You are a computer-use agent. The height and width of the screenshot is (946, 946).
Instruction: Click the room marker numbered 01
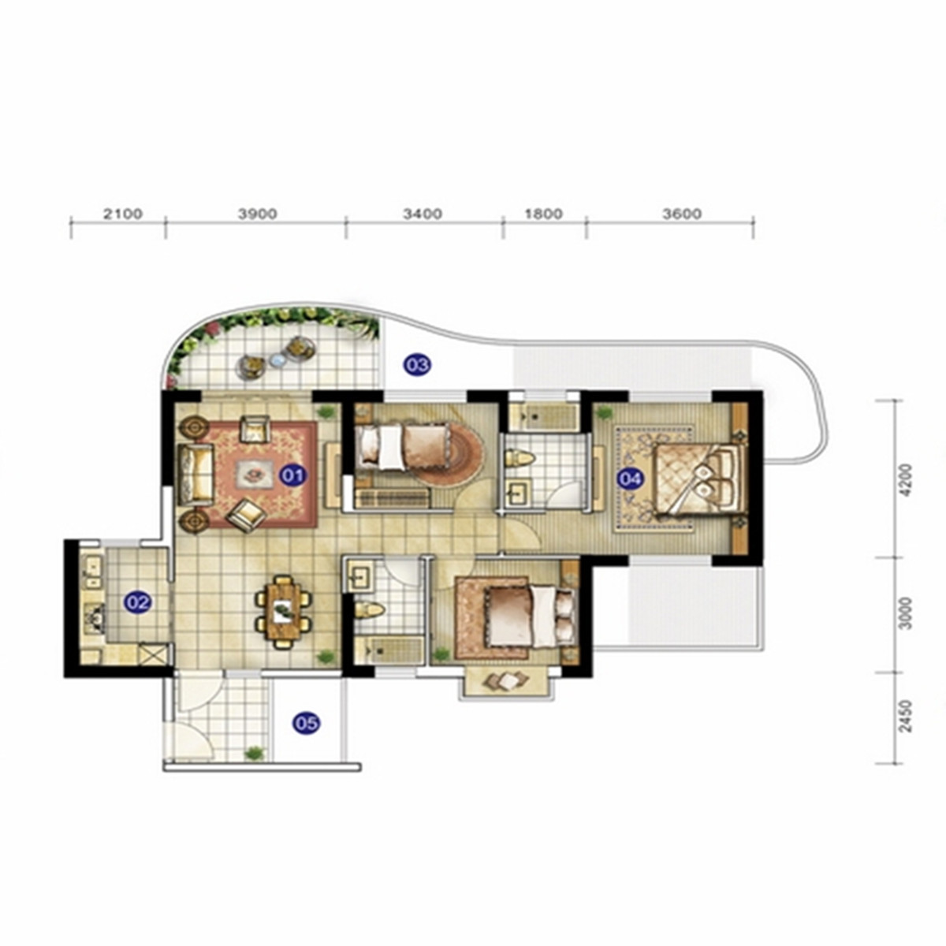click(x=292, y=475)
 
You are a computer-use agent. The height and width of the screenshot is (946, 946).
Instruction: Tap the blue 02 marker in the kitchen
click(x=137, y=601)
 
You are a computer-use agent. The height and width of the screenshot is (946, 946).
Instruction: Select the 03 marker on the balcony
click(x=416, y=364)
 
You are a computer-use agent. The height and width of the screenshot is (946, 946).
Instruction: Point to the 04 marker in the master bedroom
click(x=630, y=479)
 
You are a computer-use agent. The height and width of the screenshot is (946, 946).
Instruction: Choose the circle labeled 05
click(x=306, y=722)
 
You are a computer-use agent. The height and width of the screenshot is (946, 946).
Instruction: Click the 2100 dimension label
click(x=122, y=214)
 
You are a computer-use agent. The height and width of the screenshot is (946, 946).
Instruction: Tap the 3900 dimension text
click(x=258, y=214)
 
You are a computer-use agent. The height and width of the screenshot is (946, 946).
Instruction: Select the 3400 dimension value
click(x=423, y=214)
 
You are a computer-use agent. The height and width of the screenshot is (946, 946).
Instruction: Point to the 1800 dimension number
click(x=543, y=214)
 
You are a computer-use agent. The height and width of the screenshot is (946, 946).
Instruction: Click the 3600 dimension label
click(x=682, y=214)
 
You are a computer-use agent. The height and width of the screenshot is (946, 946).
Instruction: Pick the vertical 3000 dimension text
click(x=907, y=613)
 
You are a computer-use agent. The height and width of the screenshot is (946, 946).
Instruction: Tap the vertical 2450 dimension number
click(x=907, y=717)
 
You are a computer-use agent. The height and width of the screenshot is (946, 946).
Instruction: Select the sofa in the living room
click(x=196, y=475)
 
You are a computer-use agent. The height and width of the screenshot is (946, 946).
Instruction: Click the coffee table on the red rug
click(x=255, y=475)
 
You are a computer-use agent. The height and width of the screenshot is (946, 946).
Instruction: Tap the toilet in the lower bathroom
click(x=369, y=610)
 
